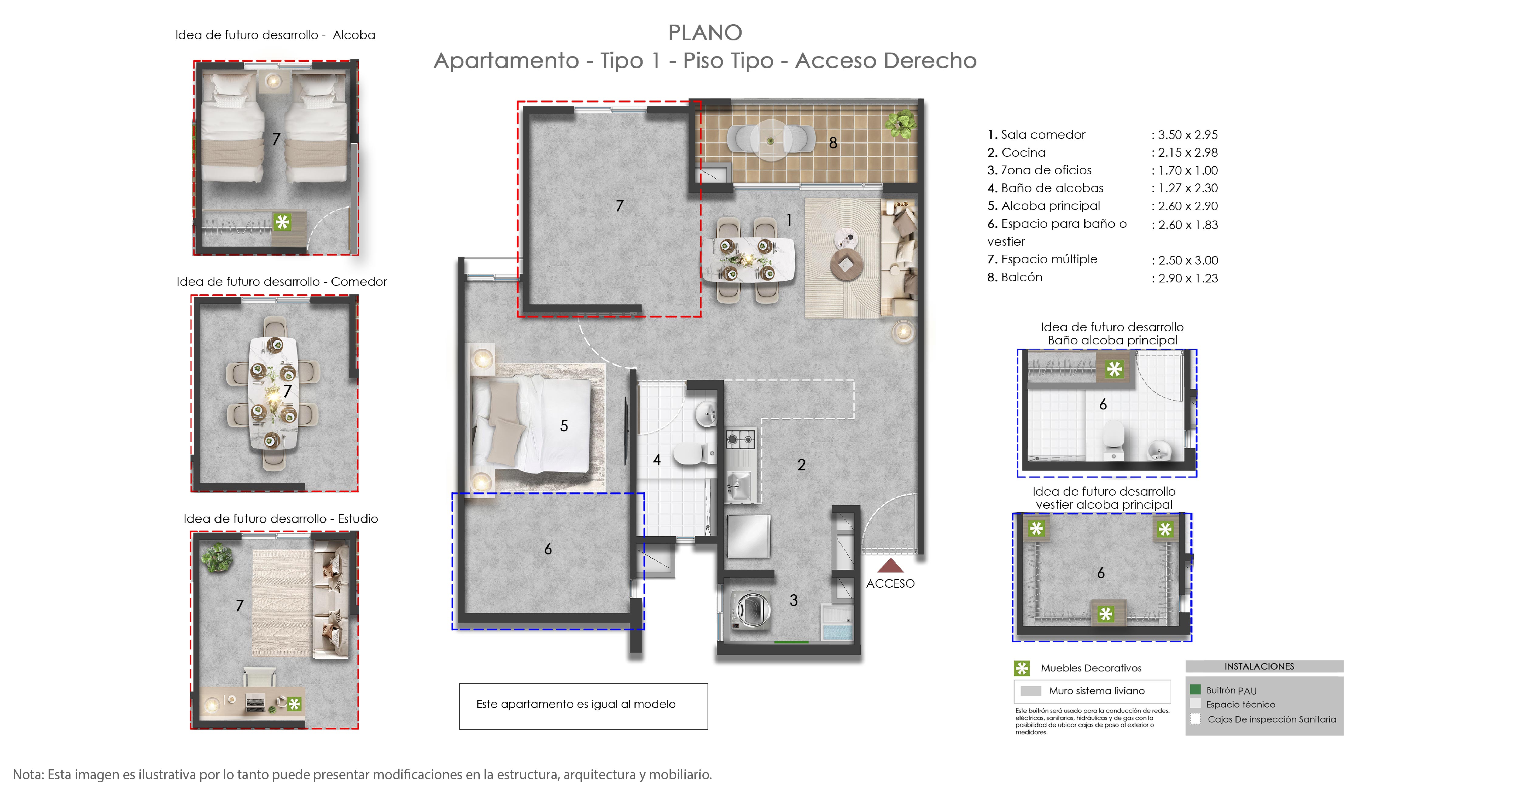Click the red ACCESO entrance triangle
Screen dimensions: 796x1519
tap(890, 567)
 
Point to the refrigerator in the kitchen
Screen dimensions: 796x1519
tap(748, 535)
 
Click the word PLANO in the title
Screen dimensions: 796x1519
tap(705, 33)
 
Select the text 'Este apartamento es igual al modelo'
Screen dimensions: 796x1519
tap(575, 704)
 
